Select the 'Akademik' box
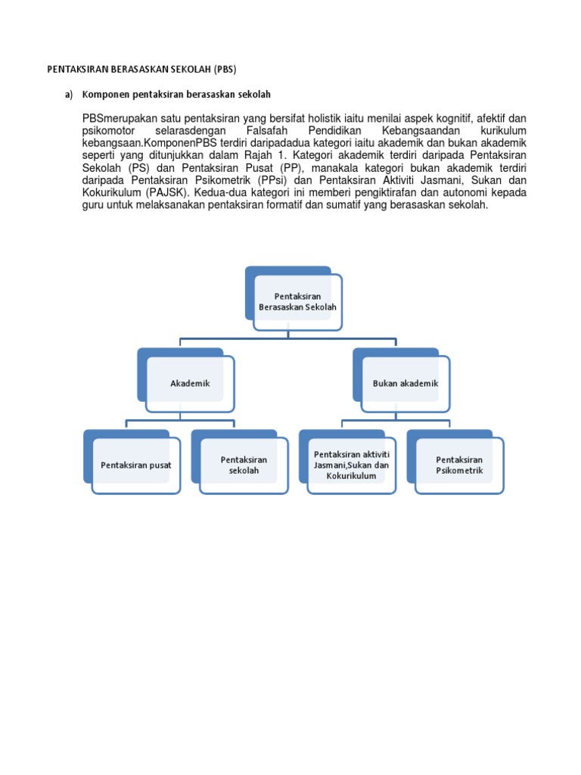(x=190, y=384)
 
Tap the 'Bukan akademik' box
(x=405, y=384)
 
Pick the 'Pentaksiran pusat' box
(x=136, y=465)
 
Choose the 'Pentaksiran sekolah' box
(x=244, y=465)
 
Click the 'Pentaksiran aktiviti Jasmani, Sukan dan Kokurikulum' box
(x=351, y=465)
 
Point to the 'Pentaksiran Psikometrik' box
(x=459, y=465)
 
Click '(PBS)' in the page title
(x=225, y=70)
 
